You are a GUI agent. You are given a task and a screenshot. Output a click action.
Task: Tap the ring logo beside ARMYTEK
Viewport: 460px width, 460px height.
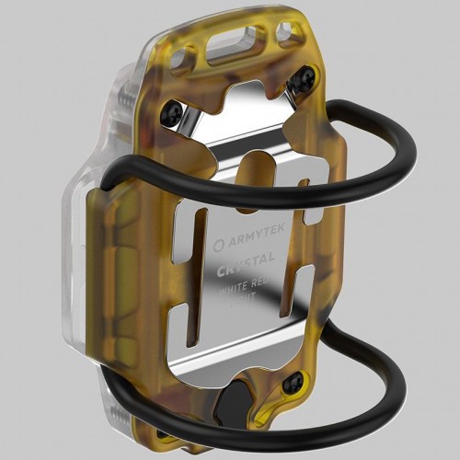217,247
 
